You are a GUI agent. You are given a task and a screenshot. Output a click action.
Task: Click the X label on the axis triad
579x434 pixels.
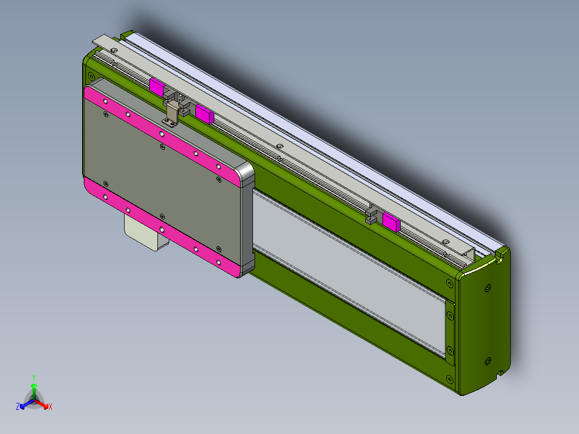(50, 407)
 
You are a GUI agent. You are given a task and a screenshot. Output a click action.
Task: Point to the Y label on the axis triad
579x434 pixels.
(33, 378)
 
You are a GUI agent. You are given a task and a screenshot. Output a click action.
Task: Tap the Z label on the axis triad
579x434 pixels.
(18, 407)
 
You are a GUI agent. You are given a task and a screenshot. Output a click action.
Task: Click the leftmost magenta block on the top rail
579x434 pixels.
(157, 86)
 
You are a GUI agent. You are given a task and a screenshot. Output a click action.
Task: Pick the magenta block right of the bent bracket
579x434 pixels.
(205, 114)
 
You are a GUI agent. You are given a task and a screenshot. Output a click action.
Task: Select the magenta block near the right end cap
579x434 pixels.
(391, 221)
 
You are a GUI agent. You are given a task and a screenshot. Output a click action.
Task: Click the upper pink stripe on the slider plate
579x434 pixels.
(161, 133)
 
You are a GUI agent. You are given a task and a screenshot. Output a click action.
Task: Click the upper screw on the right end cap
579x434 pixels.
(488, 288)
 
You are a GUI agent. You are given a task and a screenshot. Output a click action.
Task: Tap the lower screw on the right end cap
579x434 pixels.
(488, 360)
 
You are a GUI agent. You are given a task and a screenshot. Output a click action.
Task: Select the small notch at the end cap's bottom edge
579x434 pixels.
(500, 372)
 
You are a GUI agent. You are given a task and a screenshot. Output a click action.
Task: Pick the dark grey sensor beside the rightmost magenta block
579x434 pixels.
(372, 216)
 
